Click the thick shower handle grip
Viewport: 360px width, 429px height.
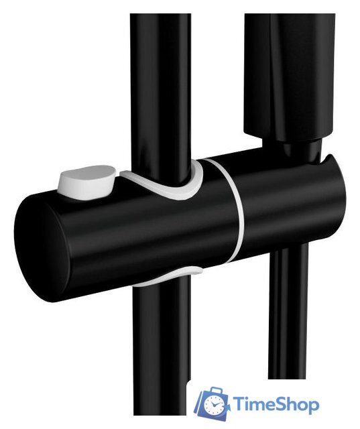click(x=290, y=74)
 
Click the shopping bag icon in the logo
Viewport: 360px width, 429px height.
click(x=211, y=403)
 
